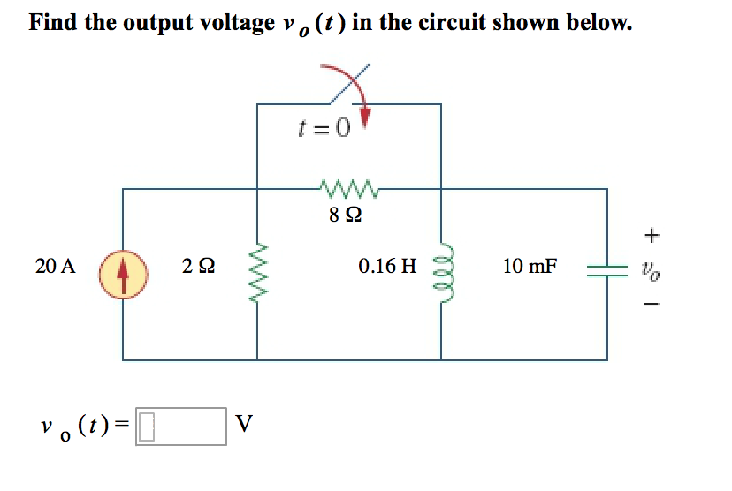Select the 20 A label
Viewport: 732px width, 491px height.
[55, 265]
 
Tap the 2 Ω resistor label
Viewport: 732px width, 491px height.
[196, 265]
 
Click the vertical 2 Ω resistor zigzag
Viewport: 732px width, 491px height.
[257, 271]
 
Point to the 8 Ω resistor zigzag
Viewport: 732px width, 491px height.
[347, 188]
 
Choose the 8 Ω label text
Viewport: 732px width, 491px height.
[347, 215]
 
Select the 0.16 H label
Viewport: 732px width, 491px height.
[387, 265]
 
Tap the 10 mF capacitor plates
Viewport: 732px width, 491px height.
[606, 271]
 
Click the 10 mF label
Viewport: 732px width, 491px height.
[530, 265]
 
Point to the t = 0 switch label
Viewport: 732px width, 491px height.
[324, 129]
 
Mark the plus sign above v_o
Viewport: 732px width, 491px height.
[652, 235]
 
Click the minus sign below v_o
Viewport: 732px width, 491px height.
[652, 306]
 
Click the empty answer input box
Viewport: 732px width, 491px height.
[182, 427]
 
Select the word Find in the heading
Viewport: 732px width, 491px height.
[54, 22]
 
